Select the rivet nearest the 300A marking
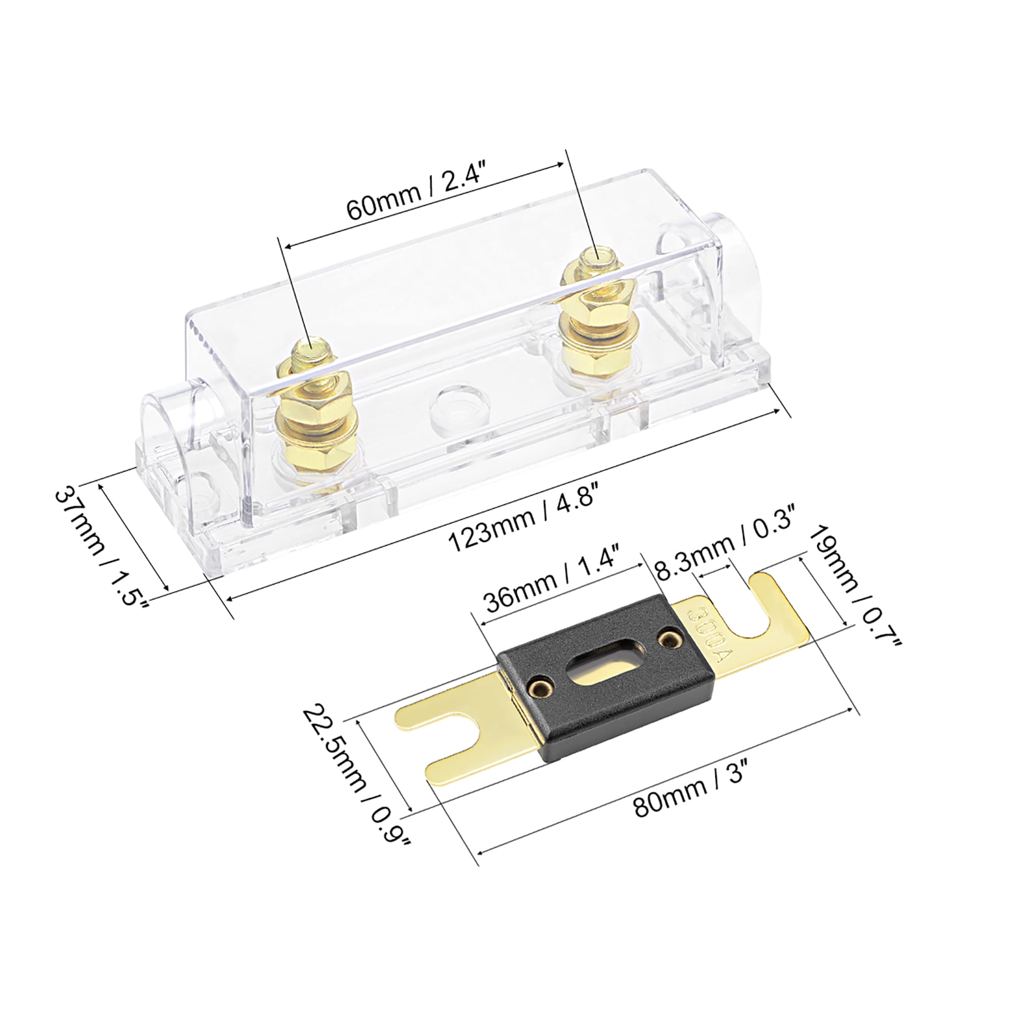click(670, 640)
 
